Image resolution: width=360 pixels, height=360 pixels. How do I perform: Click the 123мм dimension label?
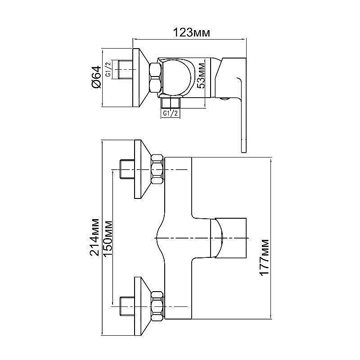[192, 33]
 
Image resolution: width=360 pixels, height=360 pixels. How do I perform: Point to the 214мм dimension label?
[95, 238]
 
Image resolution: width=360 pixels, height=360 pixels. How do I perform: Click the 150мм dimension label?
[108, 238]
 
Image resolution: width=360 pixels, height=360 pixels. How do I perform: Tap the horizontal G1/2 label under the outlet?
[171, 113]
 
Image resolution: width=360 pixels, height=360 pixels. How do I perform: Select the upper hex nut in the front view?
[157, 170]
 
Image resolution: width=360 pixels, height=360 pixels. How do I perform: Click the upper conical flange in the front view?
[142, 170]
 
